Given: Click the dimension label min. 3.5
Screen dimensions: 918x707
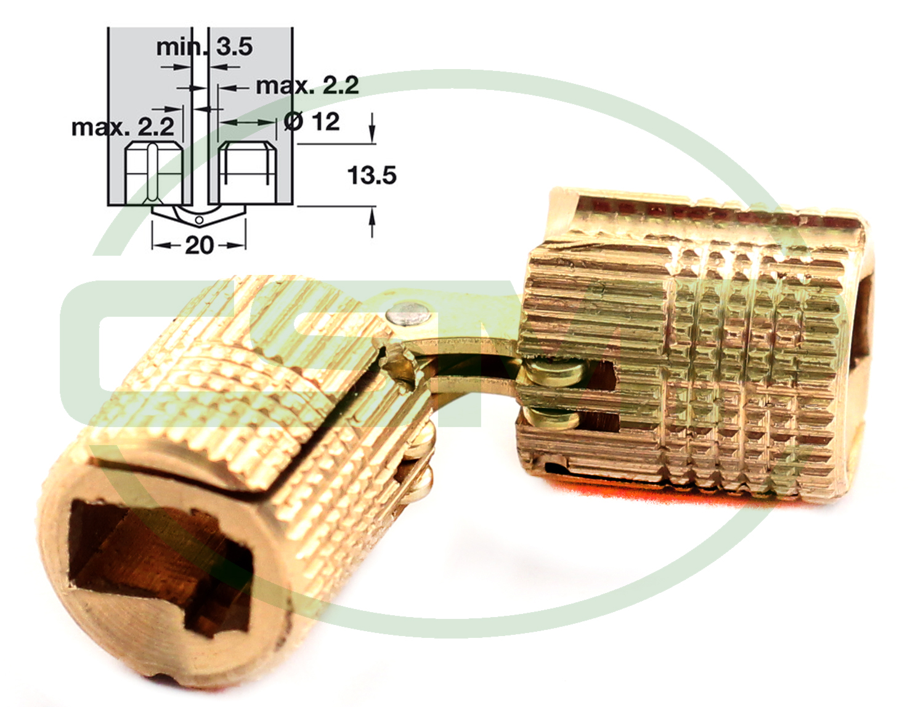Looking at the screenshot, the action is pyautogui.click(x=205, y=46).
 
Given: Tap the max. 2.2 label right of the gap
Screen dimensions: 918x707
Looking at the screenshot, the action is pyautogui.click(x=307, y=86).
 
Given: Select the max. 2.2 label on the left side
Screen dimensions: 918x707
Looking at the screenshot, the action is pyautogui.click(x=123, y=126).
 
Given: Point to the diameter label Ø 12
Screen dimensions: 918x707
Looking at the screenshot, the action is pyautogui.click(x=312, y=121).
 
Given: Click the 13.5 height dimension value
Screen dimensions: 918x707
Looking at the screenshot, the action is pyautogui.click(x=372, y=176).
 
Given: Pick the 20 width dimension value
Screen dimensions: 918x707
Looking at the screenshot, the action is pyautogui.click(x=199, y=245).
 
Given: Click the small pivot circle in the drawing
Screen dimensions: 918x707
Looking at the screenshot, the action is pyautogui.click(x=200, y=220).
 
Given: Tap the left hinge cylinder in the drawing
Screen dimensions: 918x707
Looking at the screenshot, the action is pyautogui.click(x=155, y=173).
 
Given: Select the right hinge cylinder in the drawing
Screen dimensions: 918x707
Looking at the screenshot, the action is pyautogui.click(x=247, y=173).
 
